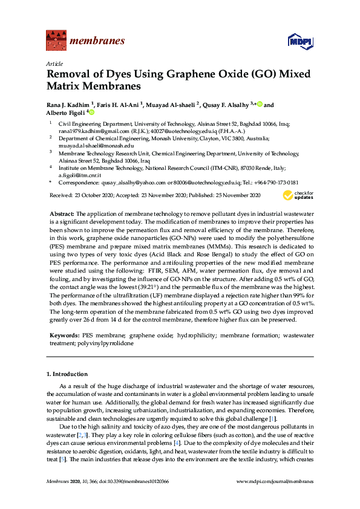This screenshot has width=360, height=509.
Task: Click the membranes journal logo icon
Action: pyautogui.click(x=56, y=41)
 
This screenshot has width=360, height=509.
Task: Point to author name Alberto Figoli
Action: pyautogui.click(x=65, y=112)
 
